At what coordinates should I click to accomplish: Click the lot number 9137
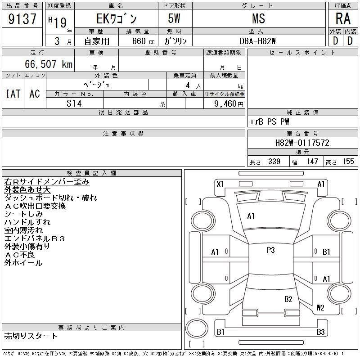(22, 19)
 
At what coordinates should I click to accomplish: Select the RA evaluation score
(343, 18)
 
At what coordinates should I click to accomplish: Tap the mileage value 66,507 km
(49, 64)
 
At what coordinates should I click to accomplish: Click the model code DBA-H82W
(257, 41)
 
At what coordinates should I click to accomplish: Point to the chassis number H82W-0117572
(302, 143)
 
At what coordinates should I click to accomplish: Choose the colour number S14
(74, 103)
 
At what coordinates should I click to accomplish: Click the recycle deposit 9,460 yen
(229, 104)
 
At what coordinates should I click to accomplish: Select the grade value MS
(259, 18)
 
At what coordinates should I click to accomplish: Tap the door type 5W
(174, 18)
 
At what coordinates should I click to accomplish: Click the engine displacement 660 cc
(143, 41)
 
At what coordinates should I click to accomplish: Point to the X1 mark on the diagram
(220, 184)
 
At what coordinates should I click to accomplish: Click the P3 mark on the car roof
(271, 250)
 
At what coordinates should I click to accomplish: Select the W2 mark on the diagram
(320, 307)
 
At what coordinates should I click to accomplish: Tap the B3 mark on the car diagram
(321, 332)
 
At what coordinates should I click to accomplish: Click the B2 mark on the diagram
(288, 299)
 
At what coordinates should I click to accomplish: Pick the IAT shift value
(13, 94)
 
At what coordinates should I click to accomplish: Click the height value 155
(348, 162)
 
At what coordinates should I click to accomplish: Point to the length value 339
(274, 162)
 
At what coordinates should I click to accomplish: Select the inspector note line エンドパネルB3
(35, 239)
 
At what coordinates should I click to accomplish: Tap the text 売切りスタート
(31, 336)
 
